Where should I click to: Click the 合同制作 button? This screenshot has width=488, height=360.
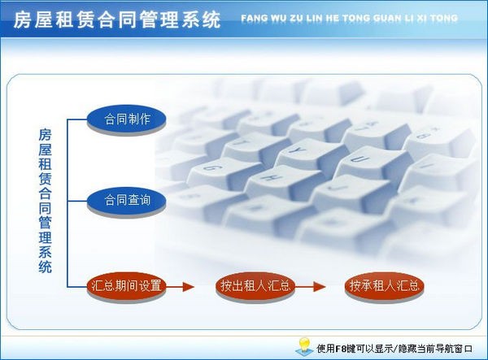coord(127,119)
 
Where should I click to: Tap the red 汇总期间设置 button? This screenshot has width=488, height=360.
coord(127,286)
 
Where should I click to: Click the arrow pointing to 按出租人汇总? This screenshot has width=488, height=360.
coord(185,286)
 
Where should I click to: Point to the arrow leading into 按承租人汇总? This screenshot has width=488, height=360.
coord(316,286)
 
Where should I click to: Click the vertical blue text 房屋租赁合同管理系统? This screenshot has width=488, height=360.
coord(46,199)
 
